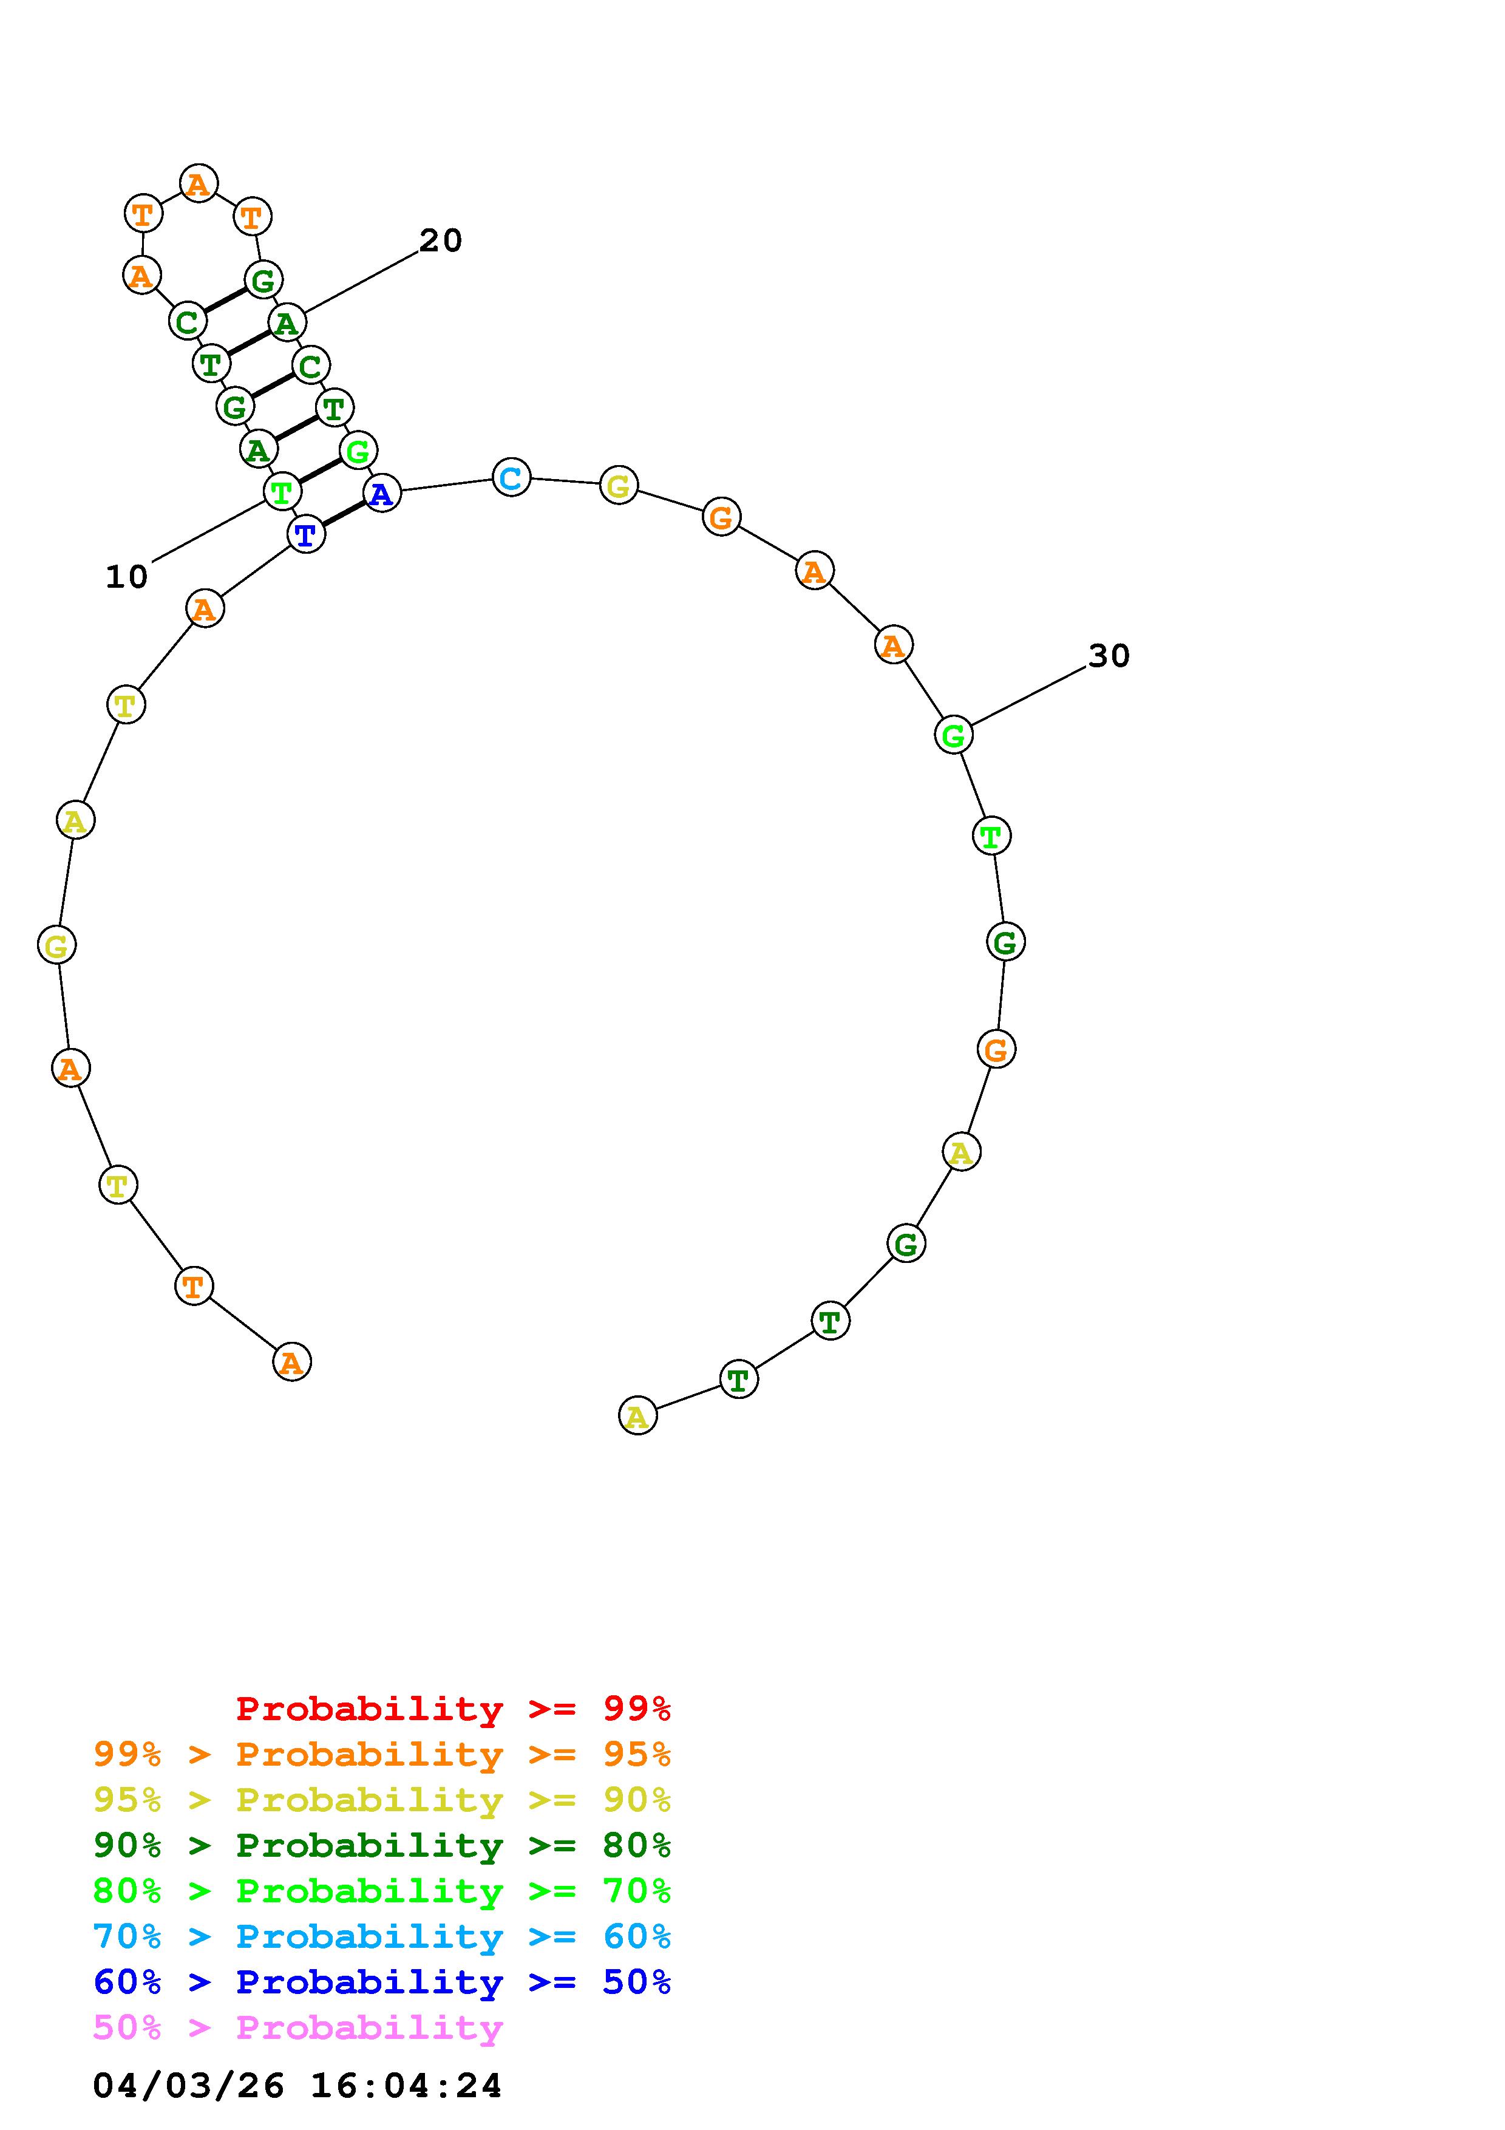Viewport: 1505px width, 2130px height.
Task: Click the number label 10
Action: click(127, 577)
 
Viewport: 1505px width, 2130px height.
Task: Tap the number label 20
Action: click(441, 241)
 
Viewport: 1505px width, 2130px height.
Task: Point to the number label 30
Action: click(1109, 656)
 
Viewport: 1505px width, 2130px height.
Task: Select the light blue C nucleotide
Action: click(511, 478)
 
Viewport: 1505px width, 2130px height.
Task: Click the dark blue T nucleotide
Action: click(306, 534)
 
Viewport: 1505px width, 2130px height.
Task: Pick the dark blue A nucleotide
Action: click(382, 494)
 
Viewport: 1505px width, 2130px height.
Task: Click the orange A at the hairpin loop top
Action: click(199, 184)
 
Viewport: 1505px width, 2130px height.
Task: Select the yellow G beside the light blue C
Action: click(619, 485)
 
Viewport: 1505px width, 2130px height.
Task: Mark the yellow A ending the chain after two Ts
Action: click(637, 1416)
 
